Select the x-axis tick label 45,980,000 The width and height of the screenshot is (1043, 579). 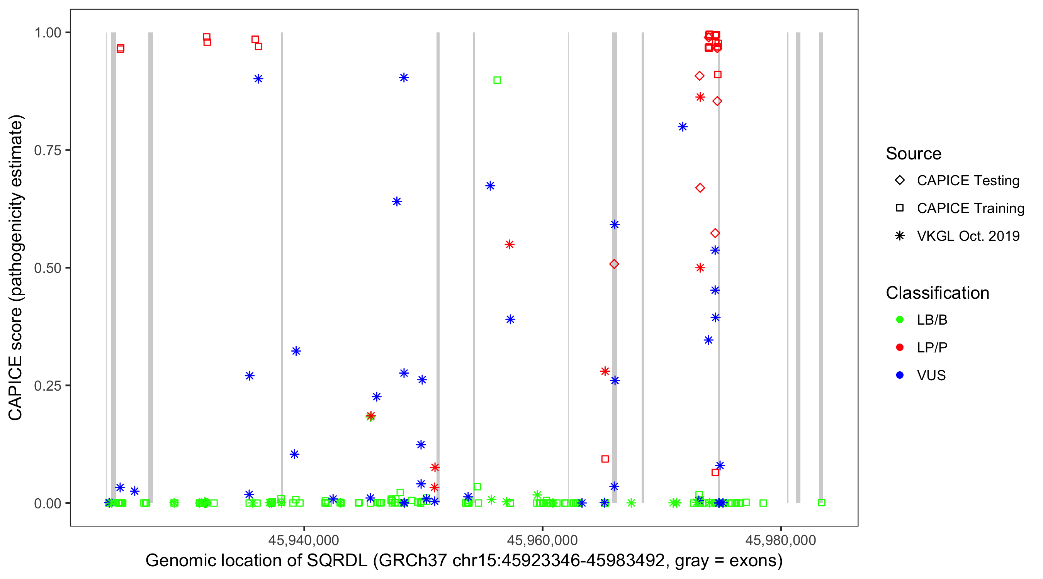pyautogui.click(x=781, y=540)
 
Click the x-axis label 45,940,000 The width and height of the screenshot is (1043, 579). pyautogui.click(x=304, y=540)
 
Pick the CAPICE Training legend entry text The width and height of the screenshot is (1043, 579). pyautogui.click(x=970, y=208)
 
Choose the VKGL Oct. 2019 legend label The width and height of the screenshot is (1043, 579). pyautogui.click(x=968, y=236)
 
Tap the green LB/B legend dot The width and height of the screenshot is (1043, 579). pyautogui.click(x=900, y=320)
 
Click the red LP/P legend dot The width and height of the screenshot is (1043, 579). pyautogui.click(x=900, y=347)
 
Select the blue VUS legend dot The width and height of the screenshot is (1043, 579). pyautogui.click(x=900, y=376)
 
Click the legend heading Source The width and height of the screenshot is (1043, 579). pyautogui.click(x=914, y=154)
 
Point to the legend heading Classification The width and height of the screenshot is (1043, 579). pyautogui.click(x=937, y=293)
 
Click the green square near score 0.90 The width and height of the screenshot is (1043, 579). pyautogui.click(x=497, y=80)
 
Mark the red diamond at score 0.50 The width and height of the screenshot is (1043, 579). pyautogui.click(x=614, y=264)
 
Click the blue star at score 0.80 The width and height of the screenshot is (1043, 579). pyautogui.click(x=683, y=127)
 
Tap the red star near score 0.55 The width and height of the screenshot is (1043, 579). pyautogui.click(x=510, y=244)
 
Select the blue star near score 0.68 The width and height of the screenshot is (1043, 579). pyautogui.click(x=490, y=186)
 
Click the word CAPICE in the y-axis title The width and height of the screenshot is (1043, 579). pyautogui.click(x=15, y=388)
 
